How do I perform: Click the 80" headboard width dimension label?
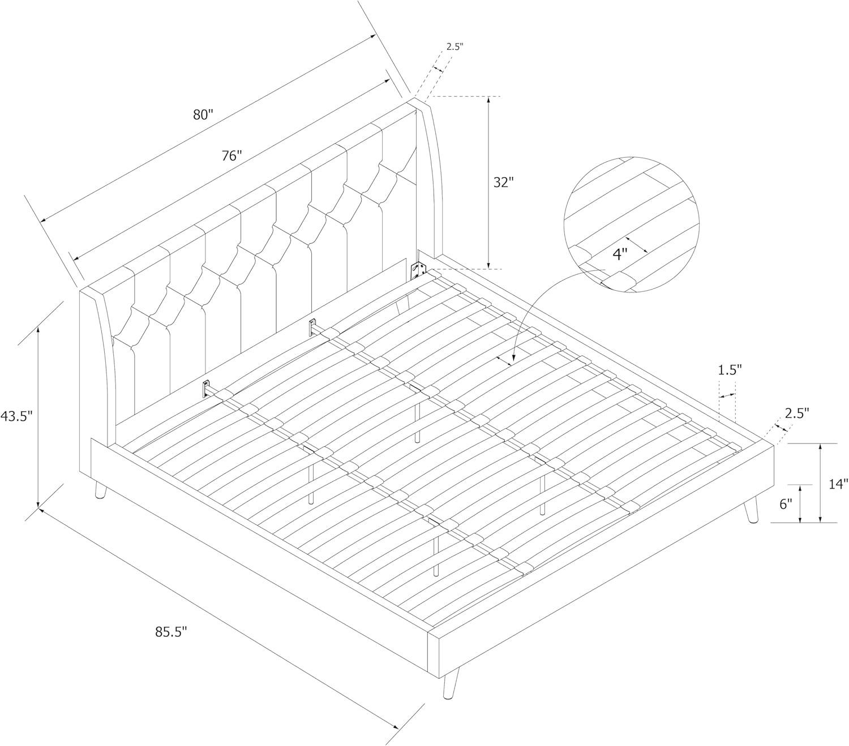[x=203, y=114]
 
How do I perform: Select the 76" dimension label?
[x=231, y=156]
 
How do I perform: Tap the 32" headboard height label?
[x=503, y=182]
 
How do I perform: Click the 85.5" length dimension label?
[x=170, y=632]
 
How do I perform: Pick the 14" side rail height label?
[x=838, y=484]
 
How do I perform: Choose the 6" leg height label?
[x=786, y=504]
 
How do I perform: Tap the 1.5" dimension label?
[x=730, y=370]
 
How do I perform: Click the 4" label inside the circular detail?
[x=620, y=255]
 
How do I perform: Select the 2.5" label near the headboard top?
[x=454, y=46]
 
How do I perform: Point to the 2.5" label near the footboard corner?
[x=796, y=413]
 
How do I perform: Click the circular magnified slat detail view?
[x=632, y=225]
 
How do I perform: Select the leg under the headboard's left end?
[x=101, y=490]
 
